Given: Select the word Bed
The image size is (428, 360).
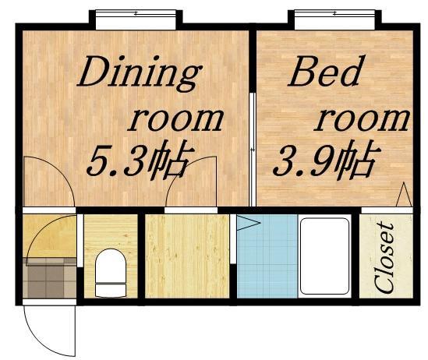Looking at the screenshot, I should pyautogui.click(x=325, y=73).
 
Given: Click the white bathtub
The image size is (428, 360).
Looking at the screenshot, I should pyautogui.click(x=324, y=256).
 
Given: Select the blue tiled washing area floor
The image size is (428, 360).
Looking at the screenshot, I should pyautogui.click(x=265, y=257).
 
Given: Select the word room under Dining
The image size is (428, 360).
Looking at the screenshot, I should pyautogui.click(x=175, y=118).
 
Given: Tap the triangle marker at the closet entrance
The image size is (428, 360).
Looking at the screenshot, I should pyautogui.click(x=403, y=195).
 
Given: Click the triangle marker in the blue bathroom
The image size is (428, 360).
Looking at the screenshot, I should pyautogui.click(x=246, y=224).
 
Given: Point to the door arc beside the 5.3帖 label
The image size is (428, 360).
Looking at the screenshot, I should pyautogui.click(x=191, y=183).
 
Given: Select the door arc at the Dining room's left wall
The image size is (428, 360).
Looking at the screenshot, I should pyautogui.click(x=47, y=183).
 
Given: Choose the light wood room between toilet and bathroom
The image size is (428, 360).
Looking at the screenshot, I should pyautogui.click(x=187, y=256).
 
